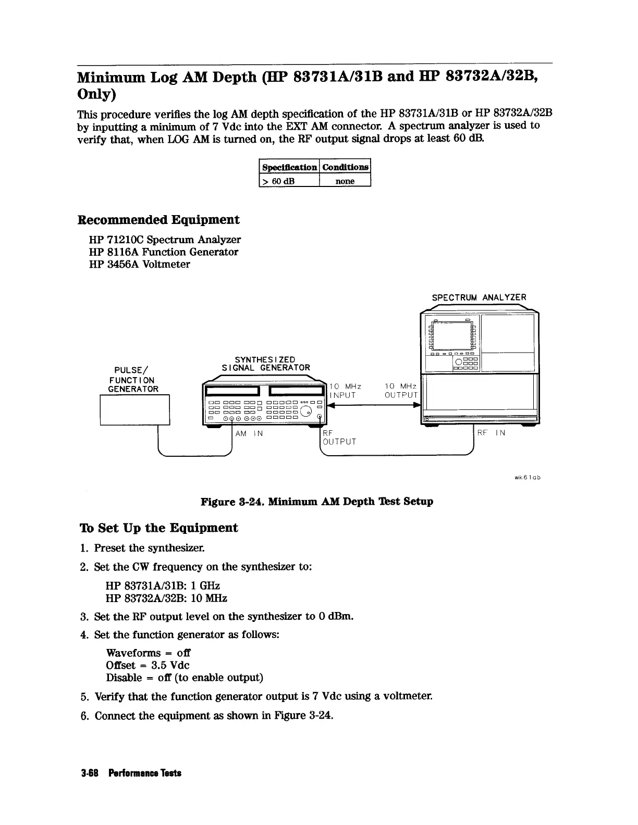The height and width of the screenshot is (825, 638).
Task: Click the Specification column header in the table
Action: [290, 167]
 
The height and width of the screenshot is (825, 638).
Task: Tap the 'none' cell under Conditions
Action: [345, 181]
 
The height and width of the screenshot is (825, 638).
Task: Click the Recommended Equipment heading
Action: [158, 220]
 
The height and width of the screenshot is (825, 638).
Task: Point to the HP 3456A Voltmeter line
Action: [140, 264]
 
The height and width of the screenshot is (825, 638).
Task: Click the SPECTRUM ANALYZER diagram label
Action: [479, 297]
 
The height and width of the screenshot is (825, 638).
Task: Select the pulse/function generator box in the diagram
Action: [134, 410]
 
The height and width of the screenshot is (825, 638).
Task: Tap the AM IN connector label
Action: [249, 433]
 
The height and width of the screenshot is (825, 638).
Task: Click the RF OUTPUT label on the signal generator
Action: [339, 438]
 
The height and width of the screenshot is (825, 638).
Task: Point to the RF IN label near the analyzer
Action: [491, 433]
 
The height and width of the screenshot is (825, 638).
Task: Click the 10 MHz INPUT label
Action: [345, 391]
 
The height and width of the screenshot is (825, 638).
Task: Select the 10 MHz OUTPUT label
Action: [401, 391]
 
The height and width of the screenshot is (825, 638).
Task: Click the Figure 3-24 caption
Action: [317, 502]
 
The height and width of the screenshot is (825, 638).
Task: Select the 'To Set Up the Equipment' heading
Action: [158, 528]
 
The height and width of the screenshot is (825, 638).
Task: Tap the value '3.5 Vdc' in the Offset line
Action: [170, 665]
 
